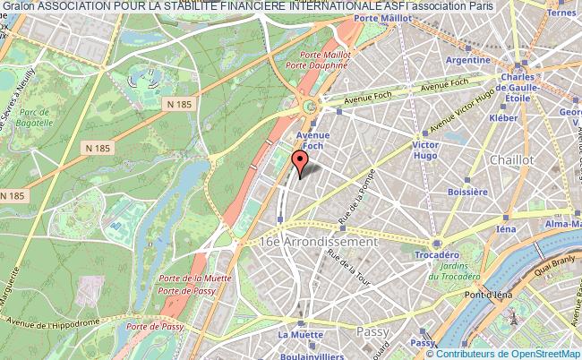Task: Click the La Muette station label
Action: tap(295, 335)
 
